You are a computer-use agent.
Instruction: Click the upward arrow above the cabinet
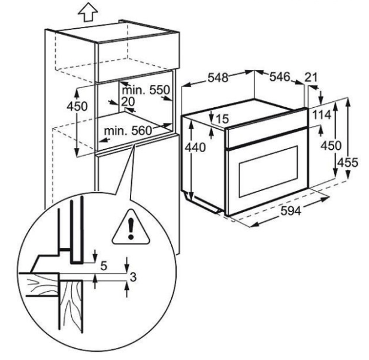point(88,13)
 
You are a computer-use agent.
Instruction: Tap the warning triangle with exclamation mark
point(131,228)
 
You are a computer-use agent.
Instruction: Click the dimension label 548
point(218,78)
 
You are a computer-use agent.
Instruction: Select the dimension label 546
point(280,77)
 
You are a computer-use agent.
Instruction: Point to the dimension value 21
point(311,77)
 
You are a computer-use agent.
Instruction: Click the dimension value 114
point(322,115)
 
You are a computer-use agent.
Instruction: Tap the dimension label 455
point(347,162)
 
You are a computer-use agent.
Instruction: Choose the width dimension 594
point(291,211)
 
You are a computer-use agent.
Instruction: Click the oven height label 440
point(195,147)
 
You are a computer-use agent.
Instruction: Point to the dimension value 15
point(222,119)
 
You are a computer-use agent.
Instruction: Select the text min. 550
point(146,90)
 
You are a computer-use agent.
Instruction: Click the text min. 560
point(128,131)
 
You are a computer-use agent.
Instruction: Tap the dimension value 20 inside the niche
point(128,102)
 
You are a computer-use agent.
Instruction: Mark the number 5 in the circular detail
point(104,266)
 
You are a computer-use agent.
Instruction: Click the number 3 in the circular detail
point(133,277)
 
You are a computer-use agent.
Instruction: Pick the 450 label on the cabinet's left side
point(77,107)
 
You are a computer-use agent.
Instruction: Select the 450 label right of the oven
point(331,146)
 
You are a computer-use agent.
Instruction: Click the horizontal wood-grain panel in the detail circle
point(39,285)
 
